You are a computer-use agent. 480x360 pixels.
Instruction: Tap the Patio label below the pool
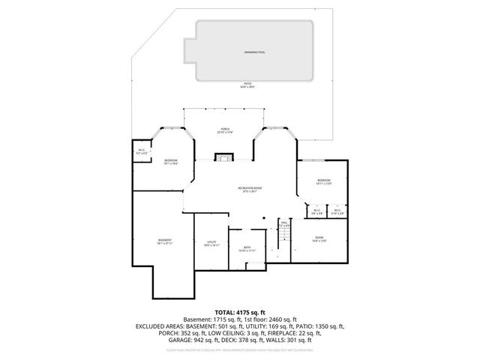[247, 85]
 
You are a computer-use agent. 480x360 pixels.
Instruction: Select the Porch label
[225, 130]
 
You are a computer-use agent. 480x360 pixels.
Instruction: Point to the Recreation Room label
[250, 188]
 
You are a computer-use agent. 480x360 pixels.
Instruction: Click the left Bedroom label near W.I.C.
[171, 161]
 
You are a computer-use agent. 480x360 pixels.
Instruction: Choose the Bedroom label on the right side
[323, 181]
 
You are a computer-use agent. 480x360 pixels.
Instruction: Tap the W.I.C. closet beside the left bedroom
[141, 151]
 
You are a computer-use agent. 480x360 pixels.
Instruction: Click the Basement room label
[164, 241]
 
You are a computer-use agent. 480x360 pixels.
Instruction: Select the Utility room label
[211, 243]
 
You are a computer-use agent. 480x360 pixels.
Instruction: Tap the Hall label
[285, 223]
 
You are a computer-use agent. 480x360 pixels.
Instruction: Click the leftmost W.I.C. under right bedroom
[316, 211]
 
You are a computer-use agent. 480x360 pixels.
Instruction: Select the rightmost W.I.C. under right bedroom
[339, 211]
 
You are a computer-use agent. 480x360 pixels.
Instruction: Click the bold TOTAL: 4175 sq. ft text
[240, 312]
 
